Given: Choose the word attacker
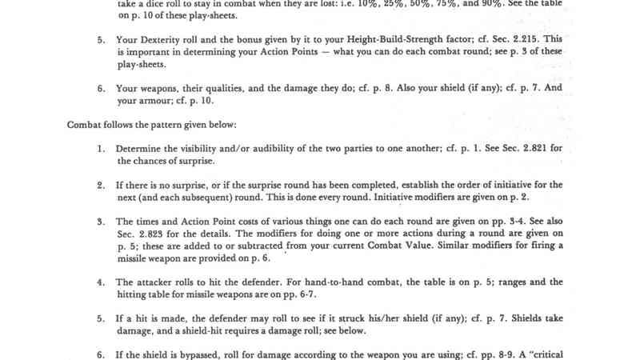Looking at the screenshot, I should [160, 282].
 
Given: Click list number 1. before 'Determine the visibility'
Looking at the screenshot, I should [102, 149].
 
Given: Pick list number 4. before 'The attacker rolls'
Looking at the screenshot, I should [102, 282].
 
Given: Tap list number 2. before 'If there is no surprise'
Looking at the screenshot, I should [102, 185].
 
